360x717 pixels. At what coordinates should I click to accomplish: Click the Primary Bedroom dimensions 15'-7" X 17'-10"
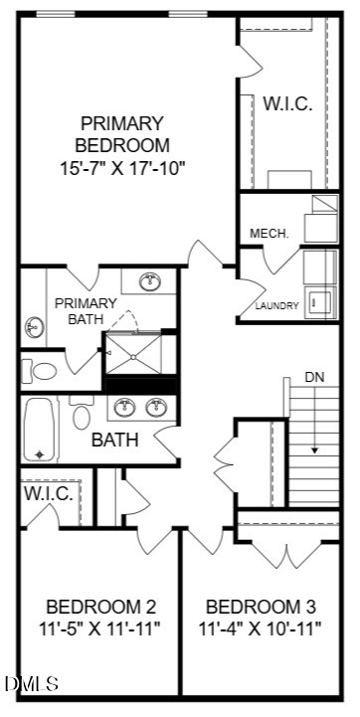122,168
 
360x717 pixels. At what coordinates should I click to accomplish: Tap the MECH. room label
270,234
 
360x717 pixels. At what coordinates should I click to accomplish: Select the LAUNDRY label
277,306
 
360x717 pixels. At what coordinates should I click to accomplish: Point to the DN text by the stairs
314,377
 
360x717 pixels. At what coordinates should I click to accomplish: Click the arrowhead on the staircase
314,449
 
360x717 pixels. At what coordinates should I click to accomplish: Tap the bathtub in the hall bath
40,430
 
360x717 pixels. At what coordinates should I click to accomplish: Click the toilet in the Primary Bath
40,371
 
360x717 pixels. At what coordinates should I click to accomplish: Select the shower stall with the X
133,354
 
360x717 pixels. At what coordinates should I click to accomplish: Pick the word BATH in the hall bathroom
114,440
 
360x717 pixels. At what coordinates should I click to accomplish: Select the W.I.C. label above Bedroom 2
49,493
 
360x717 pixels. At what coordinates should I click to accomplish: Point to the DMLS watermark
32,683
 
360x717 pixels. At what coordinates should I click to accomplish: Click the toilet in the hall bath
82,413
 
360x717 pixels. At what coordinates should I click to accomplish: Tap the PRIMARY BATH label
86,311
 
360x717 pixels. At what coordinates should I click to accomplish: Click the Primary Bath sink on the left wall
34,327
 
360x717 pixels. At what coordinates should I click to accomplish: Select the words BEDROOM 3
261,607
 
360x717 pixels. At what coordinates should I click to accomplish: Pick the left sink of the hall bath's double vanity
124,408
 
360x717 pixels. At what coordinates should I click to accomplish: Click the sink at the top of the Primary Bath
149,281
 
